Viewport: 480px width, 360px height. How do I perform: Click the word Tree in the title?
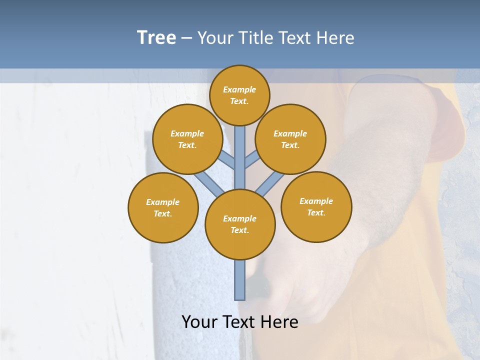(156, 37)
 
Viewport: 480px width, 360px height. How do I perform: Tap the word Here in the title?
(335, 38)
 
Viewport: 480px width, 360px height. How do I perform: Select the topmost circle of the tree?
(239, 95)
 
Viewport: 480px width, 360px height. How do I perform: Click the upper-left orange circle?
(187, 139)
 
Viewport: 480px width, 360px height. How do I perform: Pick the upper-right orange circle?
(290, 139)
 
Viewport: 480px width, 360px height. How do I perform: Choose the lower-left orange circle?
(163, 207)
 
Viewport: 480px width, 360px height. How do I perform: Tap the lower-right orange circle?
(316, 206)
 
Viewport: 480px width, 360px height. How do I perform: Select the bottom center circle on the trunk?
(240, 224)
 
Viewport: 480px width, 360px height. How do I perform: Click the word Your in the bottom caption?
(199, 322)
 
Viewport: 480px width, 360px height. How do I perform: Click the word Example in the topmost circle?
(239, 89)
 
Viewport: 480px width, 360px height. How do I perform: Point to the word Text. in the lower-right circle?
(316, 212)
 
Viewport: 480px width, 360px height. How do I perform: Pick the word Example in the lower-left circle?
(162, 202)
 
